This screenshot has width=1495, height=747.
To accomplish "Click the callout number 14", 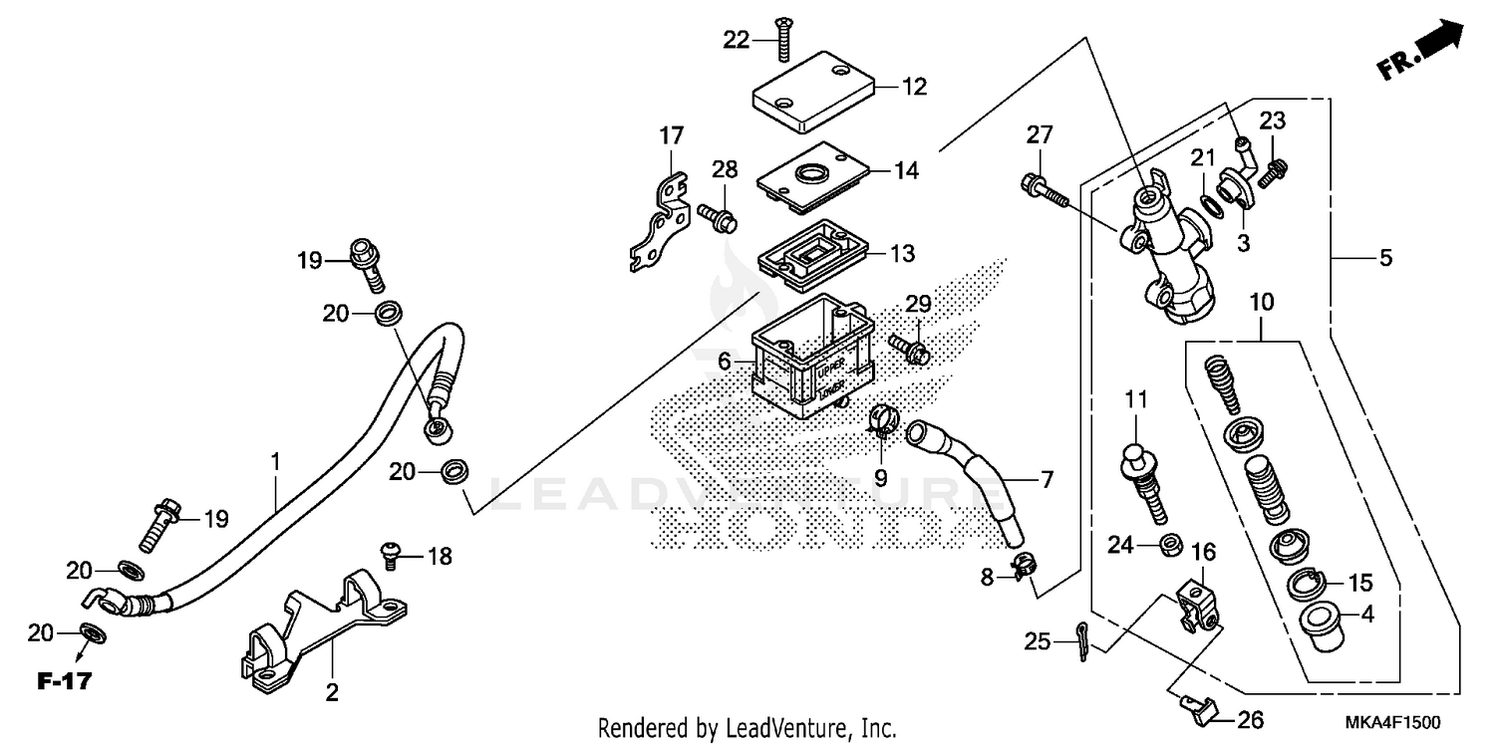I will (x=905, y=170).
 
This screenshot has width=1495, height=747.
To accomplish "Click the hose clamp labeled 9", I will (x=883, y=422).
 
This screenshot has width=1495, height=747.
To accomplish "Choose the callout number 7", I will (x=1046, y=480).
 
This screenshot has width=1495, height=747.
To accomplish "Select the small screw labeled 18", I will (x=391, y=554).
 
